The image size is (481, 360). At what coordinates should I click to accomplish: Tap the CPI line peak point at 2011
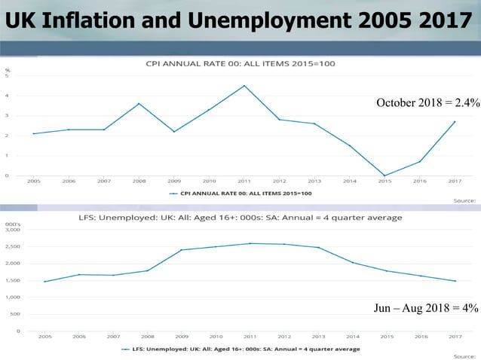coord(244,86)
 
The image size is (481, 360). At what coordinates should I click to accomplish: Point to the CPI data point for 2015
coord(384,175)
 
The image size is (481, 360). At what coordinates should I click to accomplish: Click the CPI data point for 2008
coord(139,104)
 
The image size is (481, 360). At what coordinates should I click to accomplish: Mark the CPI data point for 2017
coord(455,122)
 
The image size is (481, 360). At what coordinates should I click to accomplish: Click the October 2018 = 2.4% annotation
coord(426,102)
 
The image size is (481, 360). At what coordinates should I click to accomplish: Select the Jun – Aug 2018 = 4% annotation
coord(426,307)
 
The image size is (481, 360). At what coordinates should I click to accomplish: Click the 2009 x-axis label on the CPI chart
coord(174,182)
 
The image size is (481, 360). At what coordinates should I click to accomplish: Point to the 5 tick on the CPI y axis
coord(8,76)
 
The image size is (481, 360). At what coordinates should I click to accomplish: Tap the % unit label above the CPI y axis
coord(8,69)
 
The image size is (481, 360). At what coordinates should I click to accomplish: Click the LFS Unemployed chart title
coord(240,218)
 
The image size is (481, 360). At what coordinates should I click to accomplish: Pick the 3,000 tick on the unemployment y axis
coord(14,230)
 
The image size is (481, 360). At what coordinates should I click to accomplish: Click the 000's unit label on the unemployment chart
coord(12,224)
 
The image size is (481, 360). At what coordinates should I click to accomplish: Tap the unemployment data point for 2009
coord(181,250)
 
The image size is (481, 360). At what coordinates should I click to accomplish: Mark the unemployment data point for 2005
coord(44,282)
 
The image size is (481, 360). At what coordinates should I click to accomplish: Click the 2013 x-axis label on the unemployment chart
coord(318,337)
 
